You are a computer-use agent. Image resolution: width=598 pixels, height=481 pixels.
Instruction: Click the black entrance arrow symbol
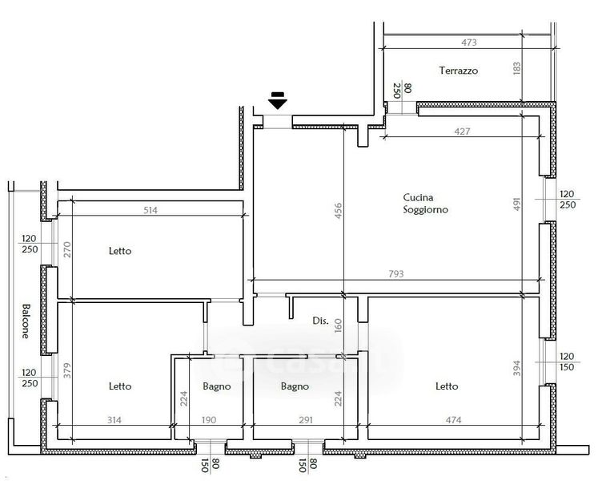pyautogui.click(x=277, y=100)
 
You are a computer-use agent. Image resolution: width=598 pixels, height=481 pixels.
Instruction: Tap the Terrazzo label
pyautogui.click(x=458, y=71)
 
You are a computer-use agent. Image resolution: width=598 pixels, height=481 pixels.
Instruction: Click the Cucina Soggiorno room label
pyautogui.click(x=425, y=204)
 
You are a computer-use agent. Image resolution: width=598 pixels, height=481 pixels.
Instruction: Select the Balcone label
pyautogui.click(x=26, y=321)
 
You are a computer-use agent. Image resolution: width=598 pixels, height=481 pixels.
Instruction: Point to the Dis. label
pyautogui.click(x=320, y=321)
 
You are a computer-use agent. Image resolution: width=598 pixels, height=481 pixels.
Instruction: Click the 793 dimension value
pyautogui.click(x=396, y=273)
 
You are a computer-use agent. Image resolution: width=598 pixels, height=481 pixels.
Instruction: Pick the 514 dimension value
pyautogui.click(x=150, y=210)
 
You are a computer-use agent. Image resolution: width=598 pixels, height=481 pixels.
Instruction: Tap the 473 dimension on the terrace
pyautogui.click(x=468, y=42)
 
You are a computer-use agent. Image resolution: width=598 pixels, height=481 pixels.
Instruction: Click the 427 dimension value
pyautogui.click(x=462, y=131)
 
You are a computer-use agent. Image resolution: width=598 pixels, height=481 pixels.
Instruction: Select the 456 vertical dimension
pyautogui.click(x=338, y=211)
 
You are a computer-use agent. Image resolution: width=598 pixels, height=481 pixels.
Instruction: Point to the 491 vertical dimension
pyautogui.click(x=516, y=204)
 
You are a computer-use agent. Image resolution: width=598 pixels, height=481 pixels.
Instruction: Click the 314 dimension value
pyautogui.click(x=114, y=420)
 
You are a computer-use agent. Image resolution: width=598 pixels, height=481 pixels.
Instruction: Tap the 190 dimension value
pyautogui.click(x=209, y=420)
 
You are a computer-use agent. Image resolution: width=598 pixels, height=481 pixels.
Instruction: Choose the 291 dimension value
pyautogui.click(x=306, y=420)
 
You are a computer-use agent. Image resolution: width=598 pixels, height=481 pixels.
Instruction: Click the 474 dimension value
pyautogui.click(x=453, y=420)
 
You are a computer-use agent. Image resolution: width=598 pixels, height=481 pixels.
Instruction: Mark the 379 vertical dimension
pyautogui.click(x=67, y=370)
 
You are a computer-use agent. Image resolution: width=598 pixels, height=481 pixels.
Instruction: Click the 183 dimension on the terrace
pyautogui.click(x=517, y=69)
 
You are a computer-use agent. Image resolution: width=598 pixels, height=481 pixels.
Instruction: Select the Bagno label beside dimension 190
pyautogui.click(x=217, y=386)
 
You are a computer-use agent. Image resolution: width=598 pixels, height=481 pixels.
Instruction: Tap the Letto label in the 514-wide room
pyautogui.click(x=120, y=251)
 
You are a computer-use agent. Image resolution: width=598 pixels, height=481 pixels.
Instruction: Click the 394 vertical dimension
pyautogui.click(x=516, y=368)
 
